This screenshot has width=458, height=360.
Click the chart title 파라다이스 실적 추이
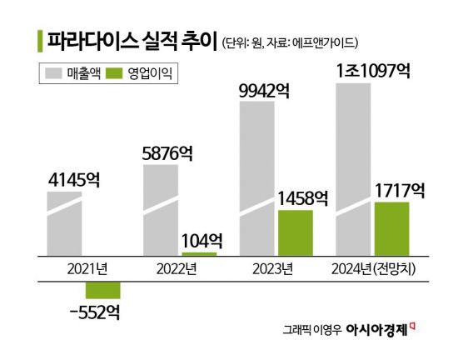(132, 40)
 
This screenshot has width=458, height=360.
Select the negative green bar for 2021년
(103, 290)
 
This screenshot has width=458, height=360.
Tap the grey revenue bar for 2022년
(161, 208)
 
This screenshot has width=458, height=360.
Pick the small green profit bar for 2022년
(199, 254)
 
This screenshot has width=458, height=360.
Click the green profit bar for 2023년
(295, 233)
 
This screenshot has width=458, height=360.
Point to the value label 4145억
(75, 177)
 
